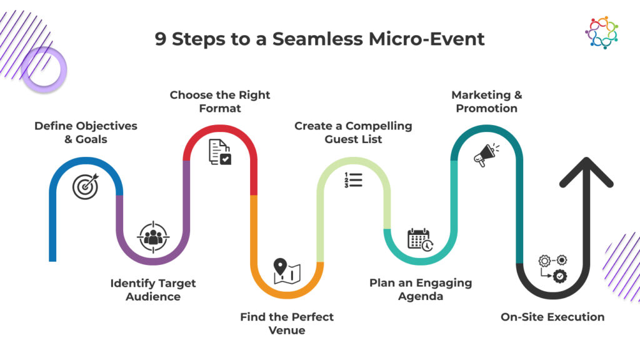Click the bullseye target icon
86,186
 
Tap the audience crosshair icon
152,236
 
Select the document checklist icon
219,152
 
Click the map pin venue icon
287,270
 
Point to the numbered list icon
354,180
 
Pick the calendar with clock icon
420,239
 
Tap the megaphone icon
487,155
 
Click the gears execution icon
553,267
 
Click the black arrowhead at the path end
586,172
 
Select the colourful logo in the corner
601,32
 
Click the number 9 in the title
161,39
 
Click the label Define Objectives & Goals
86,132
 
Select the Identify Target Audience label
153,289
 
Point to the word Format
220,108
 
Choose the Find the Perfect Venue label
287,323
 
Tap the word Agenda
421,296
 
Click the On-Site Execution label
552,317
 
